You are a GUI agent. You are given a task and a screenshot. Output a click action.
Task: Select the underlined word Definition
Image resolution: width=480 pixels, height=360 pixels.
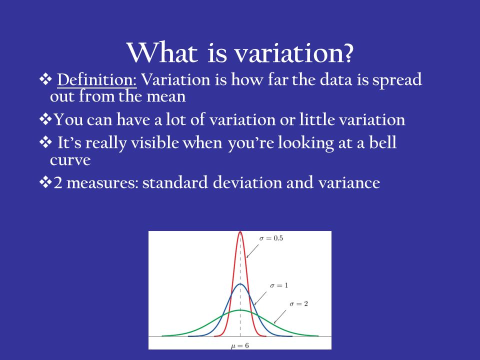click(x=96, y=79)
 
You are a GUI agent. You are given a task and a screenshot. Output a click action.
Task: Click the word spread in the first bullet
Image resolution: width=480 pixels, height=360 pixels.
click(x=397, y=80)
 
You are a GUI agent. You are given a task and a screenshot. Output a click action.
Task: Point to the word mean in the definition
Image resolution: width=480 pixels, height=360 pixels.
click(x=166, y=96)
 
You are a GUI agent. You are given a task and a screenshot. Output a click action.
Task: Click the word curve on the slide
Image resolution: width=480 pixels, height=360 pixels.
click(x=70, y=160)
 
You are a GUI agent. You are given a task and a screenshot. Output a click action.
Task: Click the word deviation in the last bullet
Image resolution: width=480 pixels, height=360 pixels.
click(x=247, y=182)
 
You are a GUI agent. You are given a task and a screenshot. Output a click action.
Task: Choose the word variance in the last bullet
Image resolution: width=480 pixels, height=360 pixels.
click(x=349, y=183)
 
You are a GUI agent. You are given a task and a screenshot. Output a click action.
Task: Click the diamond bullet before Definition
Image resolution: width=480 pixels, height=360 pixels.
click(x=45, y=79)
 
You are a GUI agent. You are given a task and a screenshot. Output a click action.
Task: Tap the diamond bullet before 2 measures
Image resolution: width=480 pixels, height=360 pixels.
click(x=45, y=183)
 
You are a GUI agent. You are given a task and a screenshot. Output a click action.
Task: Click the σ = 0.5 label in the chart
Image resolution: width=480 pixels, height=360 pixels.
click(x=271, y=238)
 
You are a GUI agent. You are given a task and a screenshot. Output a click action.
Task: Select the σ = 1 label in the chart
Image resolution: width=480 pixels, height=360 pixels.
click(x=279, y=285)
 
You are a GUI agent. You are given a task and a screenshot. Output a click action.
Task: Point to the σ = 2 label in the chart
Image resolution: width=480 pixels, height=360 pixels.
click(x=299, y=304)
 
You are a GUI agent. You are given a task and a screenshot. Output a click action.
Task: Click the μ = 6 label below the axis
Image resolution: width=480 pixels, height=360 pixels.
click(x=239, y=346)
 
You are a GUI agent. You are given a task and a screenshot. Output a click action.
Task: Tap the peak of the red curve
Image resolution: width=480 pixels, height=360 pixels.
click(x=240, y=231)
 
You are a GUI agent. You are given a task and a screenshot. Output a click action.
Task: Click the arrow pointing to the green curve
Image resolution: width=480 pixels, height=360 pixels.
click(x=280, y=317)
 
